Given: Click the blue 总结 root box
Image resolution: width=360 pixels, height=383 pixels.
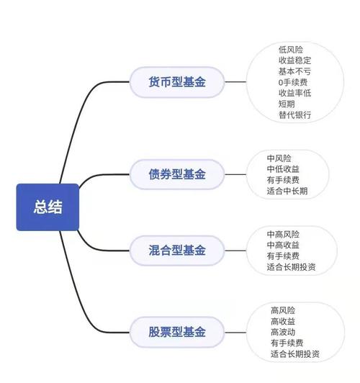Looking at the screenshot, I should [48, 207].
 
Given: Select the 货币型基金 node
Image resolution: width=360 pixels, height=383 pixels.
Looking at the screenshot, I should [177, 82].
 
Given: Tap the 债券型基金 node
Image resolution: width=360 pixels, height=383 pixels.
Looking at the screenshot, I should [177, 174].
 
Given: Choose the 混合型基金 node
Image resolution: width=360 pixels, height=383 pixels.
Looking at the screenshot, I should [177, 251].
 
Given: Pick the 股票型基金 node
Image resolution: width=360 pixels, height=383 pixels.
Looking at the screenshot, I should [177, 332].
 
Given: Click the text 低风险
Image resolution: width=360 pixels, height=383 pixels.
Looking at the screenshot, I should [292, 50].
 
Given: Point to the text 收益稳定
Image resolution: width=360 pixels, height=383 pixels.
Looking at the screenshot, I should [296, 60].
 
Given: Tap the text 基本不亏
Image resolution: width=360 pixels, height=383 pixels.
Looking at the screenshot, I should [296, 71].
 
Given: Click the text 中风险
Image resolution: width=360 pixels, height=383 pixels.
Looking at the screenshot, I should [279, 158].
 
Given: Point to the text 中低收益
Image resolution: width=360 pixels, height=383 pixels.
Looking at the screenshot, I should [283, 168].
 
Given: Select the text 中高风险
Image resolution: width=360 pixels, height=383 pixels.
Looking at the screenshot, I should [283, 235].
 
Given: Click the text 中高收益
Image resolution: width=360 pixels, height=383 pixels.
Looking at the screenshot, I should [283, 245].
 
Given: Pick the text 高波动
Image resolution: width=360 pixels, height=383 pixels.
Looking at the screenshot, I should [284, 332].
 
